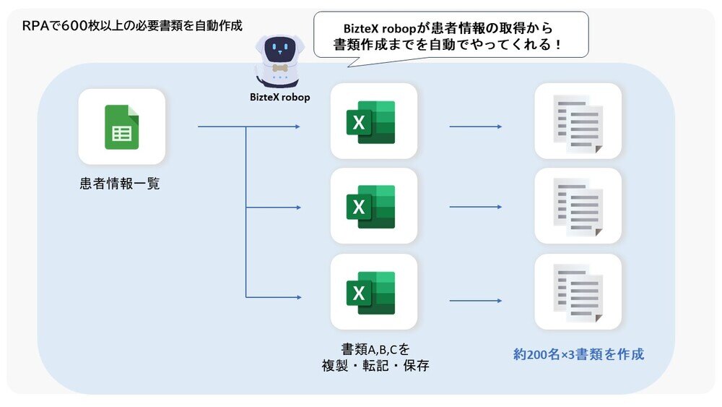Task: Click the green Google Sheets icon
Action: pyautogui.click(x=121, y=127)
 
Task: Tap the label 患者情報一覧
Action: pyautogui.click(x=120, y=184)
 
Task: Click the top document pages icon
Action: pyautogui.click(x=578, y=121)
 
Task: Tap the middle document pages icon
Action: pyautogui.click(x=578, y=206)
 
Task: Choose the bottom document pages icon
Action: pyautogui.click(x=578, y=292)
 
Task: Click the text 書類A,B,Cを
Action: pyautogui.click(x=375, y=348)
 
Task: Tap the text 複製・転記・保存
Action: pyautogui.click(x=375, y=366)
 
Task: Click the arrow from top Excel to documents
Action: pyautogui.click(x=475, y=127)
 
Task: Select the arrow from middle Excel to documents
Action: pyautogui.click(x=475, y=207)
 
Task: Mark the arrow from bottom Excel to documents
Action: pyautogui.click(x=475, y=300)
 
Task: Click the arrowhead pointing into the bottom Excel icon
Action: pyautogui.click(x=297, y=296)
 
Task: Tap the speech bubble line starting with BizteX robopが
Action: pyautogui.click(x=451, y=28)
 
